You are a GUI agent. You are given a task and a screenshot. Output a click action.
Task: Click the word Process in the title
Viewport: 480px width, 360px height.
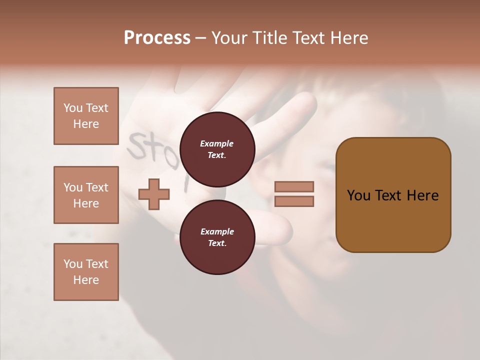[x=157, y=38]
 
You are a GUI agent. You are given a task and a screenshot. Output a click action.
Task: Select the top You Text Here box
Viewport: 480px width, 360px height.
[x=86, y=116]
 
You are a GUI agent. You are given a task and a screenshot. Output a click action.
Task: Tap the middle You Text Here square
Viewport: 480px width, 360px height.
[x=86, y=195]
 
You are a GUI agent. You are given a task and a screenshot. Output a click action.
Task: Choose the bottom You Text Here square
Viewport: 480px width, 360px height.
[x=86, y=272]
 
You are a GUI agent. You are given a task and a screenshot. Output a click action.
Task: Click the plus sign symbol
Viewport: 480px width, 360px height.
[x=154, y=193]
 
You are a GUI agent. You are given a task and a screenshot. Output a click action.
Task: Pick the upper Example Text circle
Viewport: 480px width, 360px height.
[x=217, y=149]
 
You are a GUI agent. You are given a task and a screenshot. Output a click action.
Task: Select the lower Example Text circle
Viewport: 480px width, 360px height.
[x=217, y=237]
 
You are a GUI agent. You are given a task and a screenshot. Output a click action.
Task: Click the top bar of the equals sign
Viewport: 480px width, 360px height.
[x=294, y=186]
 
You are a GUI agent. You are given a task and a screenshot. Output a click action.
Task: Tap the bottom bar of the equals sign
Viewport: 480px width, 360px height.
[x=294, y=201]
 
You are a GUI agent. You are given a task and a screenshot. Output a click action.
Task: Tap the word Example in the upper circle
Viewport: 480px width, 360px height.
[x=217, y=143]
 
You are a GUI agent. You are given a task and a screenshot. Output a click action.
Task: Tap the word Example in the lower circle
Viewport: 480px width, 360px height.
[x=217, y=231]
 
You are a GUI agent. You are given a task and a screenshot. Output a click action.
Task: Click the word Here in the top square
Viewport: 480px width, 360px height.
[x=86, y=124]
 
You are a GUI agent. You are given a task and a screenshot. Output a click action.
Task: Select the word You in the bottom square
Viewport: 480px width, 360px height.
[x=72, y=264]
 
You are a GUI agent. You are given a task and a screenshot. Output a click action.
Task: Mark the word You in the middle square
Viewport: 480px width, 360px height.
[x=72, y=187]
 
